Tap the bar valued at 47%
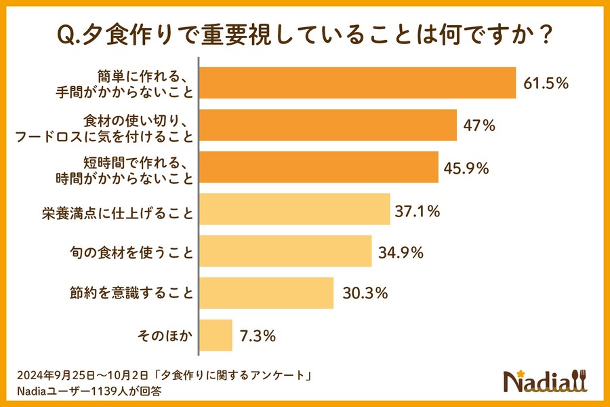[327, 125]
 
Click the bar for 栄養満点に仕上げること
[294, 210]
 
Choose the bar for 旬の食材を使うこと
[285, 252]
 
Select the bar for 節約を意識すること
[266, 293]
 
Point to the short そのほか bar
[216, 335]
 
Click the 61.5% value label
[546, 83]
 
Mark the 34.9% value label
[401, 253]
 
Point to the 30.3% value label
[365, 294]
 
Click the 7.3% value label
[259, 336]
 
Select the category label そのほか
[165, 335]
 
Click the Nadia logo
[545, 382]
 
